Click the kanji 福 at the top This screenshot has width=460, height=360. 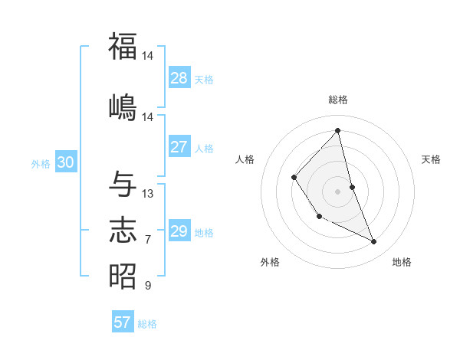pyautogui.click(x=123, y=46)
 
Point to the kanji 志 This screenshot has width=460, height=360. pyautogui.click(x=123, y=230)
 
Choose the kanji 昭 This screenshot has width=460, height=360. pyautogui.click(x=123, y=276)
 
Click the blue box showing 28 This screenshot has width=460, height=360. pyautogui.click(x=179, y=78)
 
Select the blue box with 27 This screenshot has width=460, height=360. pyautogui.click(x=179, y=147)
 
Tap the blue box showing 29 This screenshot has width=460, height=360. pyautogui.click(x=179, y=231)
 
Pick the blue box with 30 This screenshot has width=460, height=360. pyautogui.click(x=65, y=162)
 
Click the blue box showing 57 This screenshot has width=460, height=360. pyautogui.click(x=123, y=322)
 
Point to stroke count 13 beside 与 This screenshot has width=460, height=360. pyautogui.click(x=148, y=194)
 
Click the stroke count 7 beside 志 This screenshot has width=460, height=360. pyautogui.click(x=148, y=240)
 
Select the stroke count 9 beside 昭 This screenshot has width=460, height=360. pyautogui.click(x=148, y=286)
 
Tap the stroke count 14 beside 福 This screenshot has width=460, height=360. pyautogui.click(x=148, y=56)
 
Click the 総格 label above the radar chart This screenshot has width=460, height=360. pyautogui.click(x=338, y=100)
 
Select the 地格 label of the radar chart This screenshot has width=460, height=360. pyautogui.click(x=402, y=262)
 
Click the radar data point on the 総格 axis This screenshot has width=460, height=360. pyautogui.click(x=338, y=131)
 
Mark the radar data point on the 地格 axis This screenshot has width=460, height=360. pyautogui.click(x=374, y=242)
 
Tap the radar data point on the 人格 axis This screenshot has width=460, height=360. pyautogui.click(x=294, y=178)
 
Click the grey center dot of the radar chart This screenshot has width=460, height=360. pyautogui.click(x=338, y=191)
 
